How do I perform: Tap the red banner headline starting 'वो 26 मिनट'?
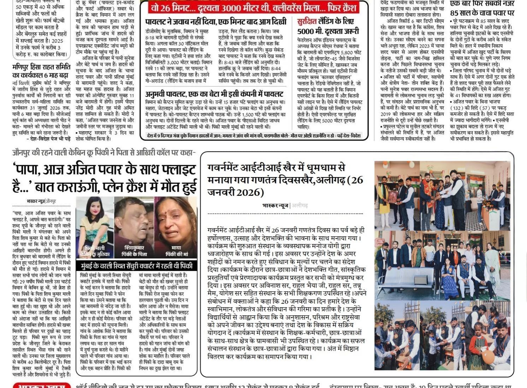pos(253,7)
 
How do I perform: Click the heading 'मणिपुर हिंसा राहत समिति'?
pos(42,67)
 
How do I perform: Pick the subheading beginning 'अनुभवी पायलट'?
pos(214,94)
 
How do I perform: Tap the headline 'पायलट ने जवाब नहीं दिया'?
pos(216,22)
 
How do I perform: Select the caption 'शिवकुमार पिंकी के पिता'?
pos(134,251)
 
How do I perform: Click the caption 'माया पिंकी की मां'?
pos(176,251)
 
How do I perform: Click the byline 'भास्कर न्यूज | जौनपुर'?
pos(41,201)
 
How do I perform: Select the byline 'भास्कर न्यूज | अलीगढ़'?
pos(285,205)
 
